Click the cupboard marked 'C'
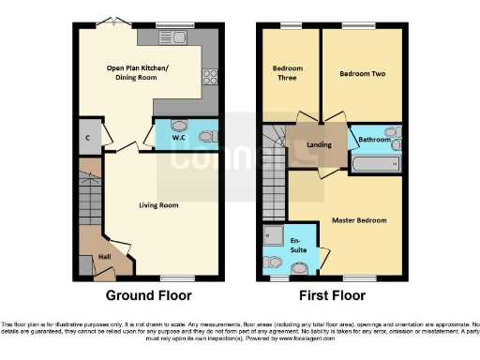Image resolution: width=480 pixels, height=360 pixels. [87, 138]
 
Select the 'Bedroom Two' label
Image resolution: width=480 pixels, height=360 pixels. [362, 73]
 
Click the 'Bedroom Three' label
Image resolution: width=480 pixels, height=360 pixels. [287, 73]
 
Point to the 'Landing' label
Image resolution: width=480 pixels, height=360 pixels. [320, 146]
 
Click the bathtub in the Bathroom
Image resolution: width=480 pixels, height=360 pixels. [377, 166]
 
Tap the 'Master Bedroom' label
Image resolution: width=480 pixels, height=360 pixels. [358, 221]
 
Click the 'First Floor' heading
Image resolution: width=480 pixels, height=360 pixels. [332, 295]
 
